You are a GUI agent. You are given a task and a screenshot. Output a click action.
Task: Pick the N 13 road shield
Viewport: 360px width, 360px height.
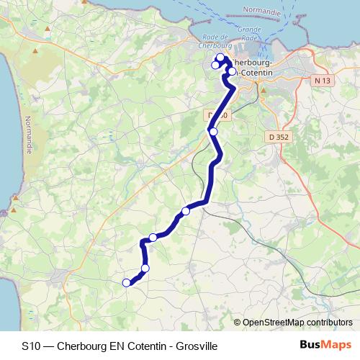pyautogui.click(x=322, y=81)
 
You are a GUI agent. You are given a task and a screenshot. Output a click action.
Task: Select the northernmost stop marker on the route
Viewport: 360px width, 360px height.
pyautogui.click(x=220, y=58)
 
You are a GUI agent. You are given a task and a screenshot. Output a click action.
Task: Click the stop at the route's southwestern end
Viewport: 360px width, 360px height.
pyautogui.click(x=127, y=283)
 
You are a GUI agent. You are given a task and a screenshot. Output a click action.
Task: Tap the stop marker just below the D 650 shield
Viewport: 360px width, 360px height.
pyautogui.click(x=213, y=131)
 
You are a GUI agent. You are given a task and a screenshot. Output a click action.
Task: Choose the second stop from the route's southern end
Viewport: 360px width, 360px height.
pyautogui.click(x=145, y=269)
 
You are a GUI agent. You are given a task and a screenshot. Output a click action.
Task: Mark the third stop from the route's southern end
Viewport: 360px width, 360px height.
pyautogui.click(x=153, y=238)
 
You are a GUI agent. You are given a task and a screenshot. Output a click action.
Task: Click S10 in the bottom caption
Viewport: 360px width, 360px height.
pyautogui.click(x=31, y=345)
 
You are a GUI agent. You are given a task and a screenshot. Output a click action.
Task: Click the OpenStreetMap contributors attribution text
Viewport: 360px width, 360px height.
pyautogui.click(x=297, y=323)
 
